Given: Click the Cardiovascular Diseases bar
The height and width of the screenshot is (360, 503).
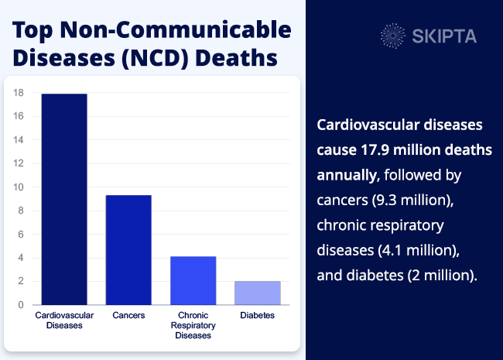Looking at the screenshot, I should pos(64,199).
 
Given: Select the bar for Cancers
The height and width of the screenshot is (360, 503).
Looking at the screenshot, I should pos(128,249).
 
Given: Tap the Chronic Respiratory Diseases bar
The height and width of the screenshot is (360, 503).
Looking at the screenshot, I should pos(193,280).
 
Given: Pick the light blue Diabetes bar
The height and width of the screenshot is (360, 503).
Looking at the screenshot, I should pos(257,293).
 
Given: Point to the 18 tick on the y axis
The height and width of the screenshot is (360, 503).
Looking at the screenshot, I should pos(19,93).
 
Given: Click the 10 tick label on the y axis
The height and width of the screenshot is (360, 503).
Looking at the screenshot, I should pos(19,187).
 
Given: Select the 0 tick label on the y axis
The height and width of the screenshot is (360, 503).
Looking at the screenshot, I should pos(21,305).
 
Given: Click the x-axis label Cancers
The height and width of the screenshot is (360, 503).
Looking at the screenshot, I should pos(128,316).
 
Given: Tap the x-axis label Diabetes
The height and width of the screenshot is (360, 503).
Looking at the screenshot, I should pos(257,316).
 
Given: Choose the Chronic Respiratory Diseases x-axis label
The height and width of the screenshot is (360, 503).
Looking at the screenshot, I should pos(193,325).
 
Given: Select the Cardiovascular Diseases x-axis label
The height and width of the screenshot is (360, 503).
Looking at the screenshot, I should pos(64,321).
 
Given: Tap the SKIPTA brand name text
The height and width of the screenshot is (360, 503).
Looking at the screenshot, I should pos(445,36).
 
